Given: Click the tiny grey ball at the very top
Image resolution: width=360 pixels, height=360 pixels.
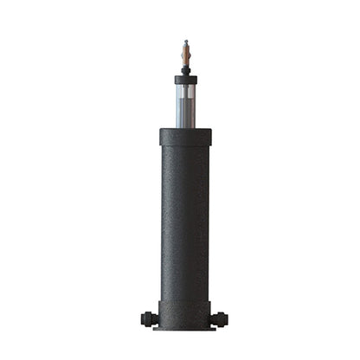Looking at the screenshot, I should click(x=185, y=40).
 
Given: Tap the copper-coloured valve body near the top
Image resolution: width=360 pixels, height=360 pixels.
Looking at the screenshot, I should click(x=185, y=54).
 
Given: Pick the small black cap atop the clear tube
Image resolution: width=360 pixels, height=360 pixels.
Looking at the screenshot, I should click(x=185, y=80).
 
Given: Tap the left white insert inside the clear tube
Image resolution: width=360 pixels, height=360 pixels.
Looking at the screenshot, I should click(x=179, y=104).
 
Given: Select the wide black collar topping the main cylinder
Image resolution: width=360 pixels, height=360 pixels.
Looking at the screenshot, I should click(x=185, y=137).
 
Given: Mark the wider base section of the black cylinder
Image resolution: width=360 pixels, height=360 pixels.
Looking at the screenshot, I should click(x=185, y=312).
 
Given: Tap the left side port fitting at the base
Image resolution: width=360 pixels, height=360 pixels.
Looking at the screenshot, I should click(x=149, y=318).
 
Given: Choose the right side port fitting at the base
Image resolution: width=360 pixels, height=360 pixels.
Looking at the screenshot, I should click(x=222, y=318).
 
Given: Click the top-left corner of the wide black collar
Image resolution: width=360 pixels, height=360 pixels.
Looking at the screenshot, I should click(x=161, y=130).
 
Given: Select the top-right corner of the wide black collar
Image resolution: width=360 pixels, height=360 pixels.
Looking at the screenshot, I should click(x=210, y=130).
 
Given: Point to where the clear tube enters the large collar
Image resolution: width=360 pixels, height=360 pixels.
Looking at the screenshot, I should click(x=185, y=127).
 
